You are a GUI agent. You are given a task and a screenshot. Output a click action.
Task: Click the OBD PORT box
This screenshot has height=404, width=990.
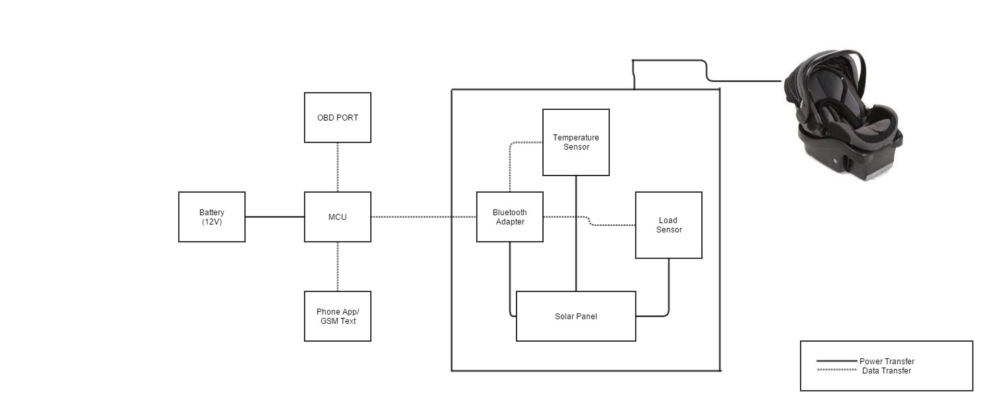click(338, 118)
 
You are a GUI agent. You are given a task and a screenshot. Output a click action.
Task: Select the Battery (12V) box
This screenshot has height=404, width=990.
click(212, 217)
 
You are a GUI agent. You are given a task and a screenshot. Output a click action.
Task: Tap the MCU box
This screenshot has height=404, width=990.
click(338, 217)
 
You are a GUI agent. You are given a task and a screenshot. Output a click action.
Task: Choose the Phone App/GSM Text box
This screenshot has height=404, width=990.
click(338, 316)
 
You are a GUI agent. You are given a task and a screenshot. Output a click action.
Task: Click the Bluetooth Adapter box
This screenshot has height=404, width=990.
click(510, 217)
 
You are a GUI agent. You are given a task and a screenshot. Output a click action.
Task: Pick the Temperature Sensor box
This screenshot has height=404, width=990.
click(576, 142)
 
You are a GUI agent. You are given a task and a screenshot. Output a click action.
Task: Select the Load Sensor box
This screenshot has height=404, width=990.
click(669, 225)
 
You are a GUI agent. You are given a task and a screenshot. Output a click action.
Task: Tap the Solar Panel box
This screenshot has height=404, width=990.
click(576, 316)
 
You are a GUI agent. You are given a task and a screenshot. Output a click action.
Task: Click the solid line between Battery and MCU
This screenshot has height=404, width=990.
click(275, 217)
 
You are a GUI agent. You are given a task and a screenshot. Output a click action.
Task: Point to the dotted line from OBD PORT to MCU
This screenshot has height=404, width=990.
click(338, 167)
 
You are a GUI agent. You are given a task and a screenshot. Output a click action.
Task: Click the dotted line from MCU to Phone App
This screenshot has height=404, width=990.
click(338, 266)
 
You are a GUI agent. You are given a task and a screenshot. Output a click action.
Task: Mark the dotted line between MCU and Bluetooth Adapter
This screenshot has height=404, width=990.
click(424, 217)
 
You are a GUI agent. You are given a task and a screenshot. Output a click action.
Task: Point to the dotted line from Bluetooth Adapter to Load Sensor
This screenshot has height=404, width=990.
click(609, 225)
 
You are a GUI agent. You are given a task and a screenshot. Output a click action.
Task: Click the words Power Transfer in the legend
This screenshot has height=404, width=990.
click(887, 362)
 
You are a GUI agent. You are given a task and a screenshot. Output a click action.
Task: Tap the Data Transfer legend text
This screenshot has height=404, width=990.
click(887, 371)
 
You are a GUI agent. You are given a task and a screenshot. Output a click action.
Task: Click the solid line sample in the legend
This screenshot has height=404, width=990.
click(838, 362)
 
